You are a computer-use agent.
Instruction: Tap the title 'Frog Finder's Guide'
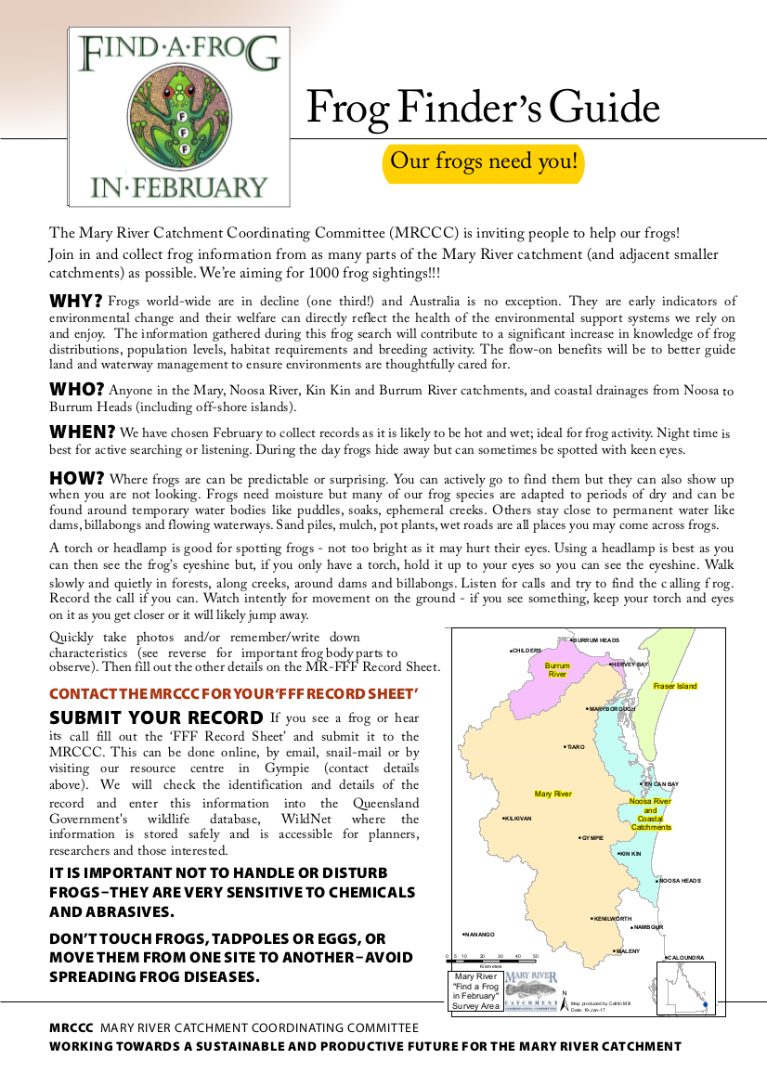pos(483,109)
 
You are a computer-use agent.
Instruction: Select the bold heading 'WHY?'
pos(75,301)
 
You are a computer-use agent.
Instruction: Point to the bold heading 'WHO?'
pos(76,389)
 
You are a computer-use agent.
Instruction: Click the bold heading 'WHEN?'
pos(82,433)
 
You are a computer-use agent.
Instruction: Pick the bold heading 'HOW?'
pos(76,479)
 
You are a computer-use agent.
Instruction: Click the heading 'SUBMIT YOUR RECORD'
pos(156,717)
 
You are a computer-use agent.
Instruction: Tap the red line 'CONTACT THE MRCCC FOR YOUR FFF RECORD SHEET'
pos(234,693)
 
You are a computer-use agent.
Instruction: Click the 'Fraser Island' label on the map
pos(674,686)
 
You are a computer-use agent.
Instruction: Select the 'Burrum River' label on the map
pos(557,670)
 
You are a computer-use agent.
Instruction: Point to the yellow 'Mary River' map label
pos(553,794)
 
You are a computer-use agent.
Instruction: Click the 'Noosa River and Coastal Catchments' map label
pos(650,814)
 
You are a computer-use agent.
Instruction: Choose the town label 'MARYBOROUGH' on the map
pos(612,709)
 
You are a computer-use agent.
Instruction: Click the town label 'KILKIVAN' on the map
pos(517,818)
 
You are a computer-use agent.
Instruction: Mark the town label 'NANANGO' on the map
pos(479,934)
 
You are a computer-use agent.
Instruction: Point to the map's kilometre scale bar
pos(491,956)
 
